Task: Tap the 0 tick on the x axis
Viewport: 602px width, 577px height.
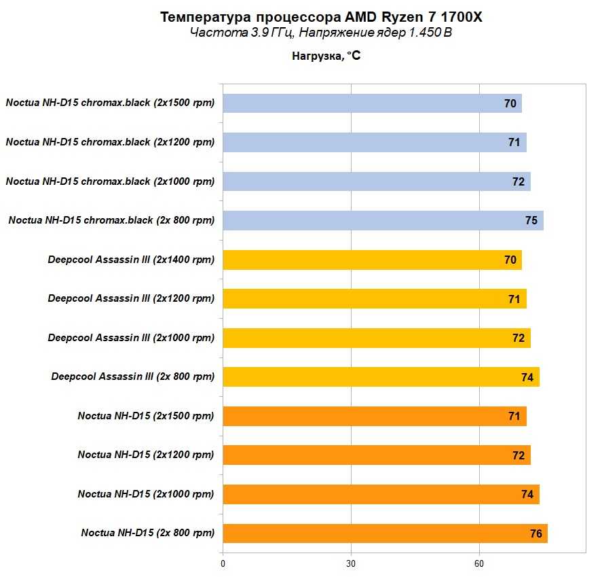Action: (223, 563)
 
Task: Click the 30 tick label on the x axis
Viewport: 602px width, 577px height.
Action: (351, 563)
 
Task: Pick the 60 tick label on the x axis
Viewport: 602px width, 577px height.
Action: (478, 563)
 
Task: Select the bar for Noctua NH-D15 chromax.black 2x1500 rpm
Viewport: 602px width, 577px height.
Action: (372, 103)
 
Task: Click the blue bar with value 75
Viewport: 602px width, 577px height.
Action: (383, 220)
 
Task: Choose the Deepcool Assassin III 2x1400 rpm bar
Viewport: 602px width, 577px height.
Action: (372, 260)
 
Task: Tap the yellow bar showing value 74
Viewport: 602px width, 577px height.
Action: (381, 377)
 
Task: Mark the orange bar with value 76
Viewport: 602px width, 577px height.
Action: (385, 534)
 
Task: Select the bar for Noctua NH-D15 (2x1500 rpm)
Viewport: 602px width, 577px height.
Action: (374, 416)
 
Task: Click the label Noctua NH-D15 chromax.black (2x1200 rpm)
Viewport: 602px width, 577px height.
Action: (110, 142)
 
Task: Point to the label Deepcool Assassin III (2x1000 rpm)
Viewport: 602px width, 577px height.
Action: (131, 338)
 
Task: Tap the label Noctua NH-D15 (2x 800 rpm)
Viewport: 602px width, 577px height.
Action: (147, 534)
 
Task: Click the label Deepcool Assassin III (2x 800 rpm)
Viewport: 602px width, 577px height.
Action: (132, 377)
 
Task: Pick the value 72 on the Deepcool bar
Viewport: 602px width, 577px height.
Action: (519, 338)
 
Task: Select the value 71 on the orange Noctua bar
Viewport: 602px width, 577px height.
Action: (514, 416)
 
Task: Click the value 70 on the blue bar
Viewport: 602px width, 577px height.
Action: (510, 103)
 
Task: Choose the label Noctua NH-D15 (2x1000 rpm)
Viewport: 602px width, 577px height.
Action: (146, 494)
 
